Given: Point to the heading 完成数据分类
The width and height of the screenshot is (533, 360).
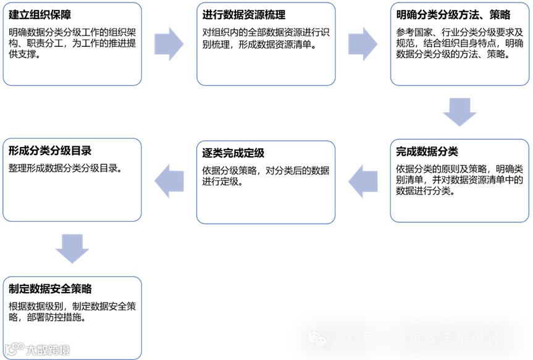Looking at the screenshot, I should pos(427,151).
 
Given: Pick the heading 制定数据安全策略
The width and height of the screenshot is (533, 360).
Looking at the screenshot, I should pos(50,288).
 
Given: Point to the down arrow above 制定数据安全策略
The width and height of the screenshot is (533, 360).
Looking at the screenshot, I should pos(72,248).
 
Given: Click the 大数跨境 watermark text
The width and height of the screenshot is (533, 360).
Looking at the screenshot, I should pos(48,350).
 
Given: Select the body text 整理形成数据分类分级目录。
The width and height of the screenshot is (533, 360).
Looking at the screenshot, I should pos(65,168).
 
